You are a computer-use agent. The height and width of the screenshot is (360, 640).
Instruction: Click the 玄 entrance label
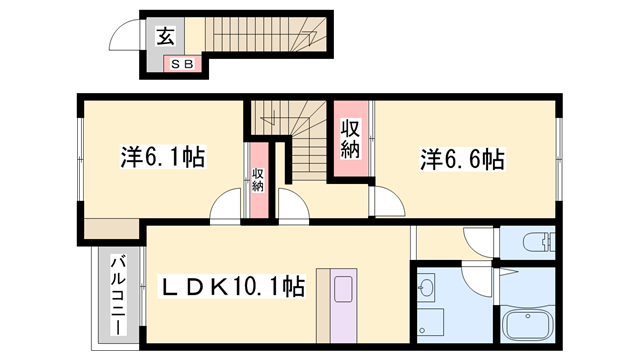pos(165,37)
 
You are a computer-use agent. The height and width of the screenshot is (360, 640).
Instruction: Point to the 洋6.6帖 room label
pos(462,157)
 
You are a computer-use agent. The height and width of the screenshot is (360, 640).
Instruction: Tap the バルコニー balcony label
pos(116,295)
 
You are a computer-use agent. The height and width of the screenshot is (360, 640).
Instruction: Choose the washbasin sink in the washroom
pos(429,289)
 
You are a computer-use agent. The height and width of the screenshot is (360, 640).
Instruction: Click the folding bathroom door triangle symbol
pos(506,272)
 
